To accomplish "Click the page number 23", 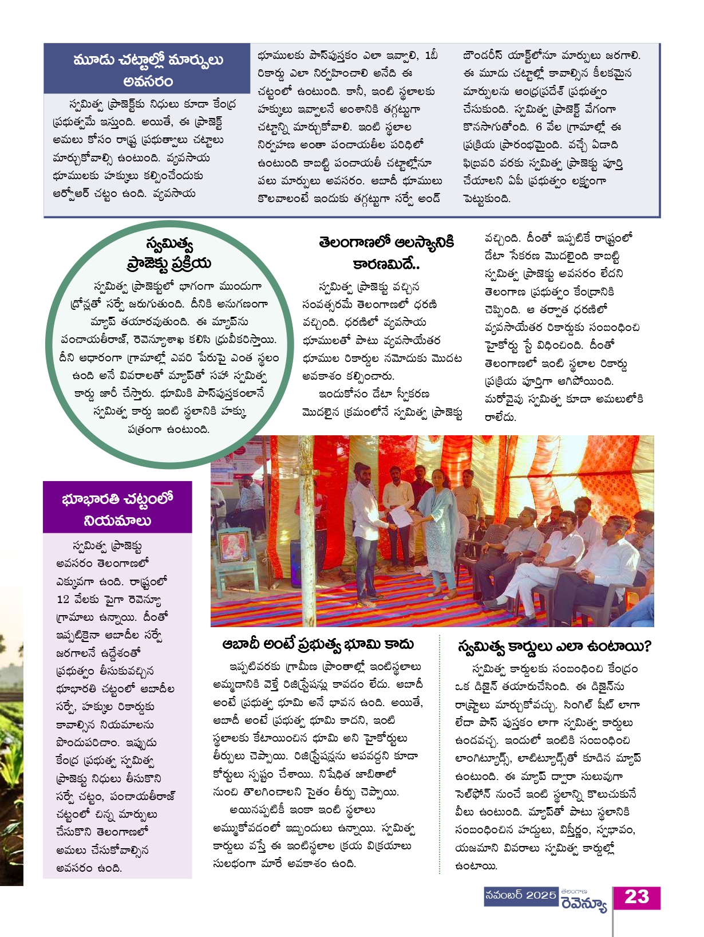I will (636, 897).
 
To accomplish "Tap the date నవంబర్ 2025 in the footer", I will (520, 895).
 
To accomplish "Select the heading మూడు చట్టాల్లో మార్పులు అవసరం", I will (148, 70).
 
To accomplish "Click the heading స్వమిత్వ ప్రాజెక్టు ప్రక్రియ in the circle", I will (169, 254).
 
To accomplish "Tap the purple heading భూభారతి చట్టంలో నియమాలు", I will (117, 509).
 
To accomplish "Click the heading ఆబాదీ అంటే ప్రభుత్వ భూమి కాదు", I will (318, 644).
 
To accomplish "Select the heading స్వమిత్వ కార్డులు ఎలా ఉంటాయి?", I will (553, 647).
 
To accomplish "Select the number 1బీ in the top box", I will (431, 56).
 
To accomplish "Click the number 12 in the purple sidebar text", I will (63, 600).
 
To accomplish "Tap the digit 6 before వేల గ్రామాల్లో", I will (539, 127).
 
